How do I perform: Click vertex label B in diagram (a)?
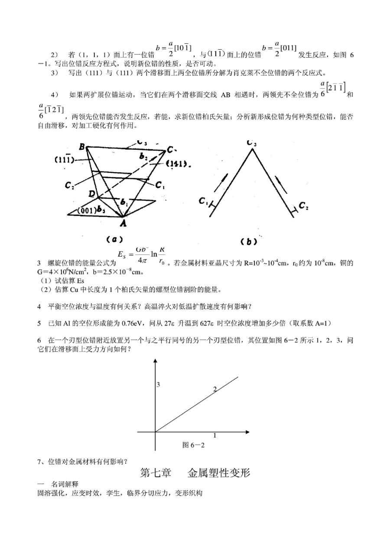81,147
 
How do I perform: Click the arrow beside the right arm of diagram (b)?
279,180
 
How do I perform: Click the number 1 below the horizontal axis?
214,435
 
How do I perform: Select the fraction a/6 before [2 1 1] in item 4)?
322,90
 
